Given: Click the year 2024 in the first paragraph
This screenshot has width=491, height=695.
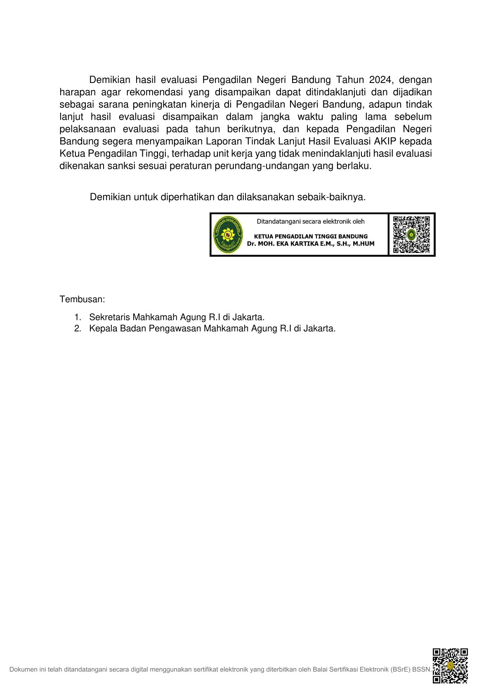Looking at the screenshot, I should point(380,80).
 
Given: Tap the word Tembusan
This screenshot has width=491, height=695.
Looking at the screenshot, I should point(82,299).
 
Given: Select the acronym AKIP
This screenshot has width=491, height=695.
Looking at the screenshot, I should point(385,141).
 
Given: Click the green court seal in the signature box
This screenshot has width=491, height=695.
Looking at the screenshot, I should point(228,234).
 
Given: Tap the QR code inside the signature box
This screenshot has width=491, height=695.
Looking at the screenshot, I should point(411,234).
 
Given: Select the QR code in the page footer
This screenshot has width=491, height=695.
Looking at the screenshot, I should point(450,666).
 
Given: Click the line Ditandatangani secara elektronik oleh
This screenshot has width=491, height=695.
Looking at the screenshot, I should point(310,222).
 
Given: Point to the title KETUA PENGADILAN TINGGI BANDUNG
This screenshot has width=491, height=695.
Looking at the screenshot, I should point(310,236).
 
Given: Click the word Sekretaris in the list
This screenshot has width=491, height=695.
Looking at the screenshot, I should point(109,317).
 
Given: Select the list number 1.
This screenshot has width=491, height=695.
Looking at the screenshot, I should point(78,317).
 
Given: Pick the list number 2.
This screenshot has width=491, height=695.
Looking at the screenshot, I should point(78,329).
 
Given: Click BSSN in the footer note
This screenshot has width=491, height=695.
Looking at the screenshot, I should point(422,669).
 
